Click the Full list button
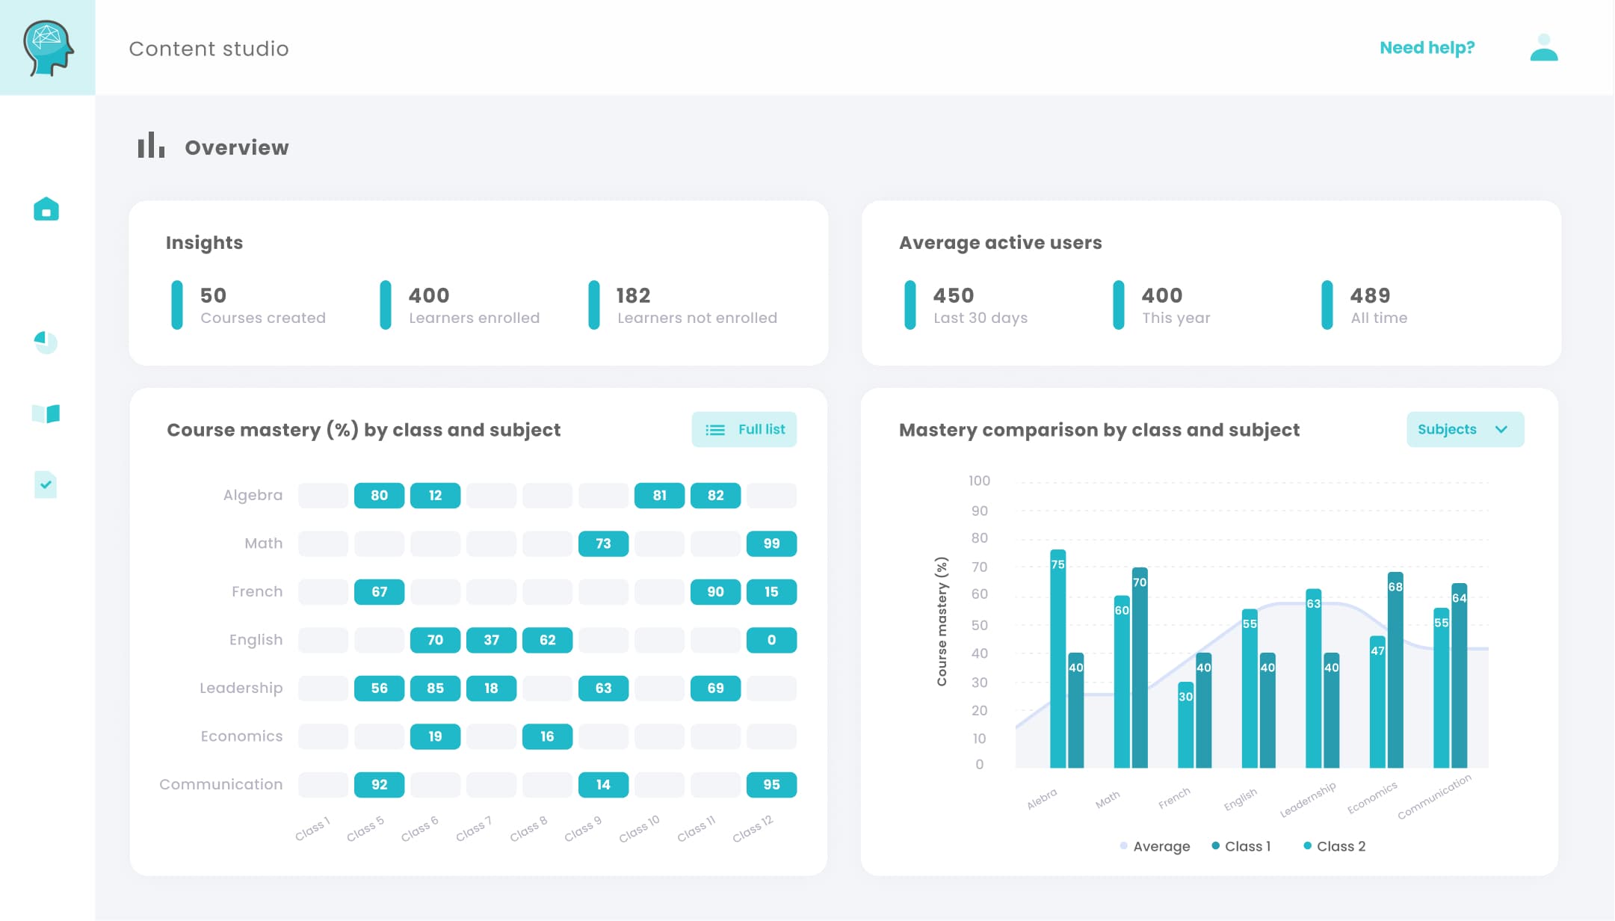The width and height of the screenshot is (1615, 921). click(x=744, y=430)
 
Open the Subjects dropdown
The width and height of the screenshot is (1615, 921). click(x=1464, y=430)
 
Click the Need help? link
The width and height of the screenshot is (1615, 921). click(x=1426, y=48)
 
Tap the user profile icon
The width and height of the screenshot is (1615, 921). click(x=1543, y=48)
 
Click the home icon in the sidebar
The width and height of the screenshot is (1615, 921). click(x=46, y=209)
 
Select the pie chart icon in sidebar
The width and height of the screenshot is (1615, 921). click(x=46, y=342)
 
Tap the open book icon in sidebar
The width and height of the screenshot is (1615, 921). click(x=46, y=413)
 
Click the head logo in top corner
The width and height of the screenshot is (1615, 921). click(x=48, y=48)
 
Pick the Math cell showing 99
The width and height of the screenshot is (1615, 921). click(x=771, y=543)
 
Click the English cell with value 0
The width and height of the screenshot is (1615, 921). click(x=771, y=640)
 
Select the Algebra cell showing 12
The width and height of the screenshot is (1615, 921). click(x=435, y=496)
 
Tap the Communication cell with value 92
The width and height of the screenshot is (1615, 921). click(x=379, y=785)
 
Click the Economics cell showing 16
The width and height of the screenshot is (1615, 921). click(x=547, y=736)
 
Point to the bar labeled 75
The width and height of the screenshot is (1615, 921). click(x=1057, y=658)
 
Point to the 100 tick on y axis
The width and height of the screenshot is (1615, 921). click(x=979, y=481)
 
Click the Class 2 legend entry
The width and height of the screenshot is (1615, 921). click(x=1335, y=846)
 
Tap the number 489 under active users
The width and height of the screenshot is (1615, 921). click(x=1370, y=295)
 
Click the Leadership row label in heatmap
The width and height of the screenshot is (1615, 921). click(x=241, y=688)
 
